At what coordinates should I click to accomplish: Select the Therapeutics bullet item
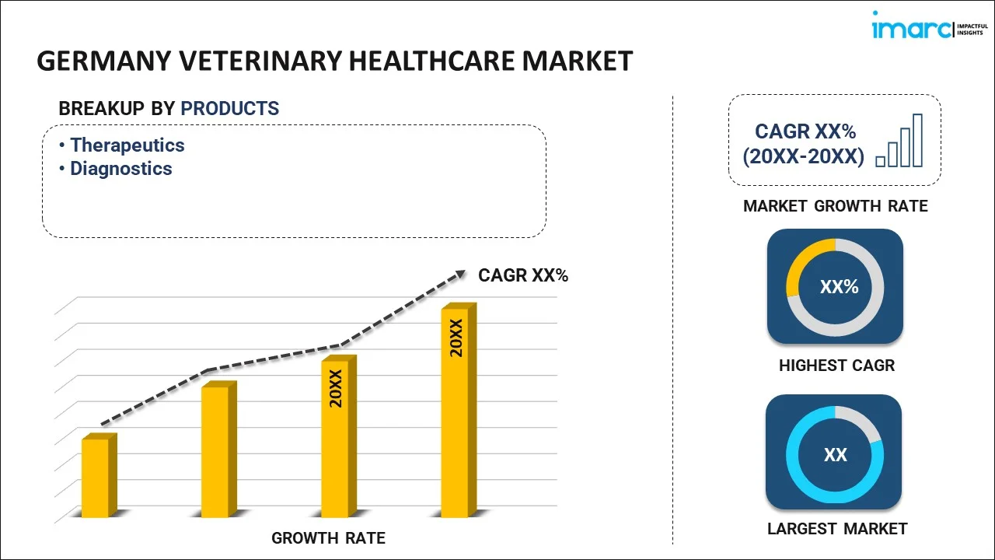coord(127,145)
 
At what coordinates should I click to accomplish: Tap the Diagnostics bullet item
coord(121,169)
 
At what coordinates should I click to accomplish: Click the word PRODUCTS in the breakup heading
coord(230,109)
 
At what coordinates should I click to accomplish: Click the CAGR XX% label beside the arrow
coord(523,275)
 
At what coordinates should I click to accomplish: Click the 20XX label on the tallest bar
coord(456,338)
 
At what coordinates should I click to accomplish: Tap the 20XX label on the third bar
coord(336,388)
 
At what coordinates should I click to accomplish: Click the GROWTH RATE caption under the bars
coord(328,538)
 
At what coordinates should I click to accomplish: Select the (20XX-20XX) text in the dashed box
coord(803,157)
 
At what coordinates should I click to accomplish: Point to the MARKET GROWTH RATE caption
coord(836,206)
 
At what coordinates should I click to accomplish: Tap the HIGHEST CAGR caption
coord(836,366)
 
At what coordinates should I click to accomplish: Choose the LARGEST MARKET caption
coord(837,529)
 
